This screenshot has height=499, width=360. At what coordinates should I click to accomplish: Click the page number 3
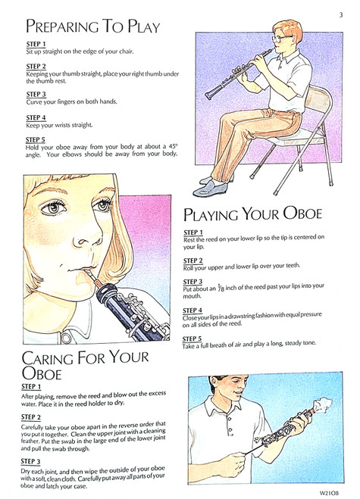click(x=341, y=15)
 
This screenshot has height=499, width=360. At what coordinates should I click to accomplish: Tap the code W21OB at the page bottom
click(x=328, y=493)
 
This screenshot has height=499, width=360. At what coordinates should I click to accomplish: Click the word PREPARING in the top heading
click(x=62, y=26)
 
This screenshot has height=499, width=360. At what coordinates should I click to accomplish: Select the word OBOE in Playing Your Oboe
click(x=302, y=214)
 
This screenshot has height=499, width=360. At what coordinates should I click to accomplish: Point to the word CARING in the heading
click(x=47, y=358)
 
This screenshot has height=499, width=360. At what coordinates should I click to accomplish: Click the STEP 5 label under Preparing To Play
click(x=36, y=140)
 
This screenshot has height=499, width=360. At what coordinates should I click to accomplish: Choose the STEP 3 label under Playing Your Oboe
click(x=193, y=282)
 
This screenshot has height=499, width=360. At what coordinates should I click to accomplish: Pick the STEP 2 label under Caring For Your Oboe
click(x=31, y=417)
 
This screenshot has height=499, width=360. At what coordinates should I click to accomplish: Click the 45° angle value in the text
click(x=172, y=146)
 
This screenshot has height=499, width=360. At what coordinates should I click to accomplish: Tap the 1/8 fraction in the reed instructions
click(x=221, y=288)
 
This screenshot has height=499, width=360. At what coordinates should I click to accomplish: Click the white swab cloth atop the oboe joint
click(x=324, y=404)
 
